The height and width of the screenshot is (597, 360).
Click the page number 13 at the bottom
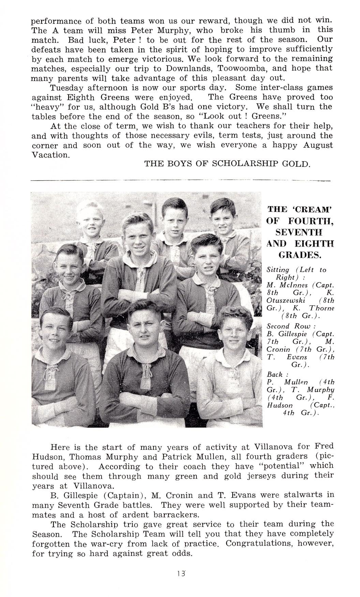pos(181,573)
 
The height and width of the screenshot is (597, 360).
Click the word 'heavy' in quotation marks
pos(46,106)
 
